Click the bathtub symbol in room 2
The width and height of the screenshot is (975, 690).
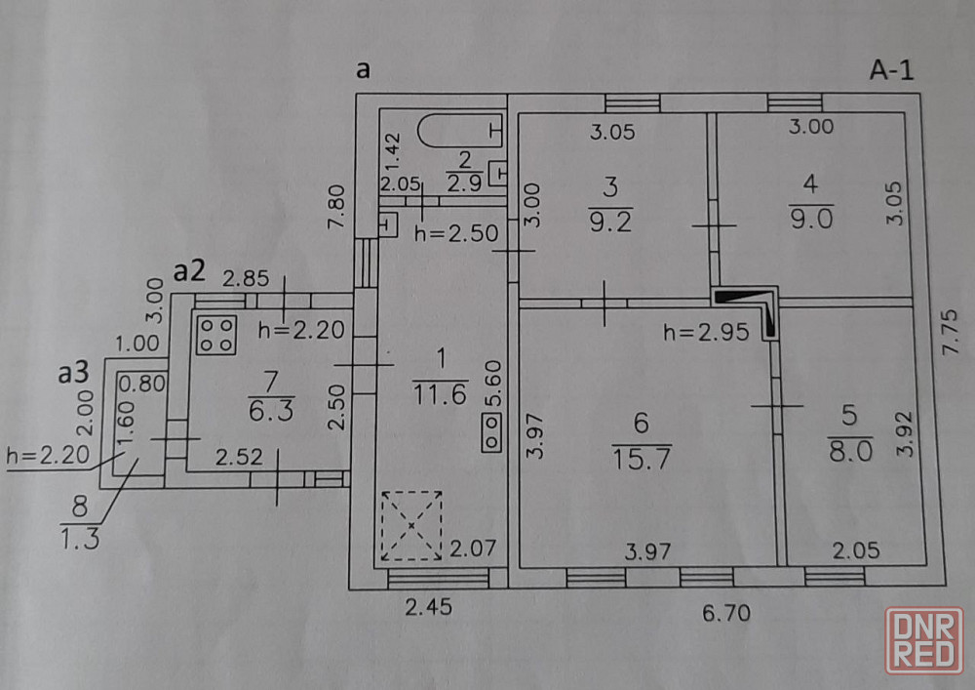click(x=460, y=130)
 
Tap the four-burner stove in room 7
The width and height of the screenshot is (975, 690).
click(x=215, y=335)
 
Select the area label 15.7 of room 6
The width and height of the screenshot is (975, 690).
click(x=642, y=459)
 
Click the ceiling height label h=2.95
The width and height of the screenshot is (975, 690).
click(x=706, y=332)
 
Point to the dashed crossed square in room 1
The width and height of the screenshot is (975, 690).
click(x=411, y=526)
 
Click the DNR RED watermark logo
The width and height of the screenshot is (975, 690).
click(x=923, y=640)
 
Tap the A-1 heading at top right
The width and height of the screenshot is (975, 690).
click(x=892, y=69)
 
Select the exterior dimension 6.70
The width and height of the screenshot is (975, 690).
click(x=726, y=613)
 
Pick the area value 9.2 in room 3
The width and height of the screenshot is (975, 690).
click(x=610, y=223)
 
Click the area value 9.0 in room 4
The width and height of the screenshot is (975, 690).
click(x=811, y=219)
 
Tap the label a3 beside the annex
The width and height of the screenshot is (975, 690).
click(x=73, y=373)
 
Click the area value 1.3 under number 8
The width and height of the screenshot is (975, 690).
click(x=80, y=538)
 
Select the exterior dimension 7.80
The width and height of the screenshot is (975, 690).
click(x=336, y=207)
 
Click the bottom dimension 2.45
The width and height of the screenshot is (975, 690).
click(x=428, y=607)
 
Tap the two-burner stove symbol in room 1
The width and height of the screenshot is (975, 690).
click(x=491, y=432)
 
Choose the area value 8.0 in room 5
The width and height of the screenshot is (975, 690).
click(x=850, y=451)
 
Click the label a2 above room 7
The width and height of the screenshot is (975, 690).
click(x=189, y=272)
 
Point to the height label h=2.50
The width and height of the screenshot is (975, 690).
click(x=456, y=233)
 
